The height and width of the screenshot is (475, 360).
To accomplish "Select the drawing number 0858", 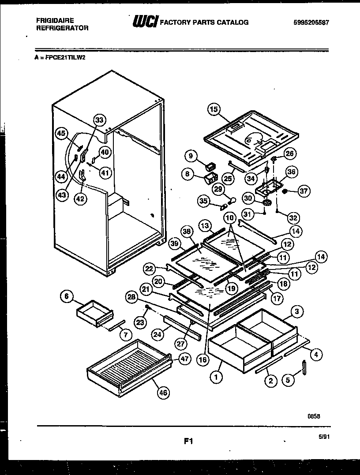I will (314, 415).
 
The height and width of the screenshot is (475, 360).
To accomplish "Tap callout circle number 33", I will (100, 120).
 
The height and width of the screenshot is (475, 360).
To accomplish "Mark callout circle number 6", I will (67, 297).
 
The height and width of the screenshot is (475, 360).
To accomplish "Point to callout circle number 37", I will (304, 191).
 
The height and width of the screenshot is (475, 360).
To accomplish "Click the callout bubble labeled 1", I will (216, 377).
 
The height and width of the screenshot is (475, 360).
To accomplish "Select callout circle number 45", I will (61, 133).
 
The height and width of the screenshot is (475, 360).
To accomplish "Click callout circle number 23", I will (140, 322).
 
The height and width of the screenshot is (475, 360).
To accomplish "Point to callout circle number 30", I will (248, 198).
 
